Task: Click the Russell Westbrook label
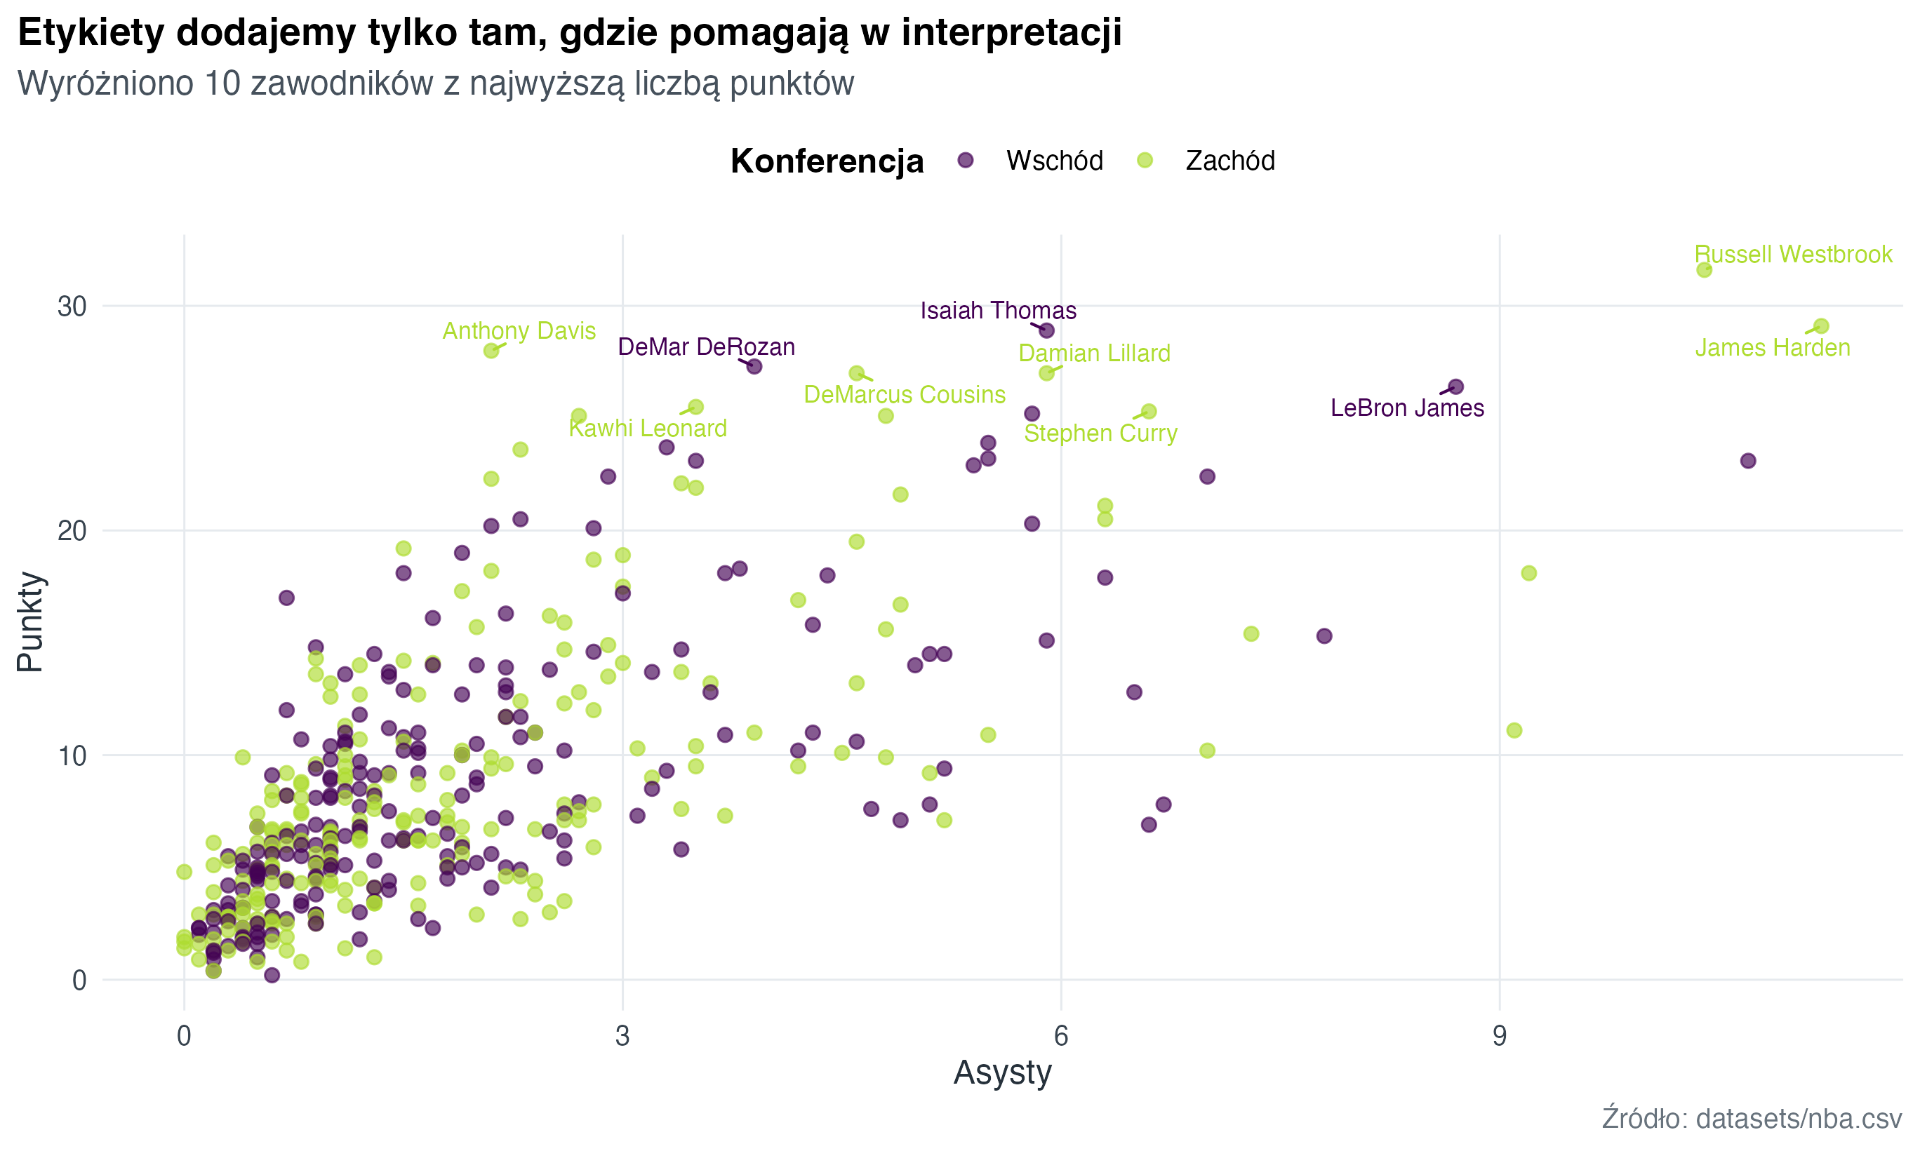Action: (x=1792, y=255)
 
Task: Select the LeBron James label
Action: (x=1406, y=408)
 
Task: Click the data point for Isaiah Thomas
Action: (x=1046, y=331)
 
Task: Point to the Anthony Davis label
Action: (x=519, y=331)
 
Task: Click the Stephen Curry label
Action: (x=1100, y=433)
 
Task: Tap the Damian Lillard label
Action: (x=1094, y=354)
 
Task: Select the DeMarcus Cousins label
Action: (x=905, y=395)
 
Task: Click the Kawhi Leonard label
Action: (x=648, y=428)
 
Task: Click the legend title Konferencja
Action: (x=826, y=161)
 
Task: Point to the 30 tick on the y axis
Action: (x=72, y=307)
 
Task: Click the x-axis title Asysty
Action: (x=1001, y=1072)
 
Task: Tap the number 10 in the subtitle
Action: (x=223, y=83)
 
